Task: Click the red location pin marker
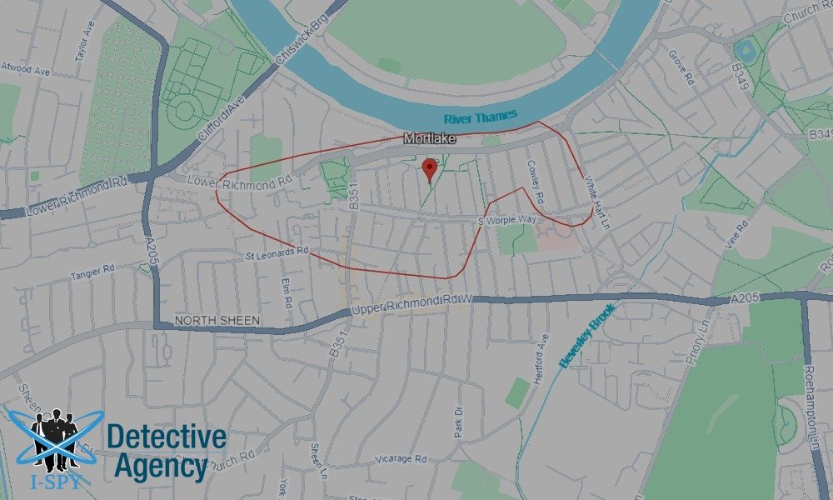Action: (x=430, y=168)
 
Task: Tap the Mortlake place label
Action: (x=430, y=140)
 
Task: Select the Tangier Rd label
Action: (x=91, y=270)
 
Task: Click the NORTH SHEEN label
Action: (x=217, y=321)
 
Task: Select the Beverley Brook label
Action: (x=587, y=337)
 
